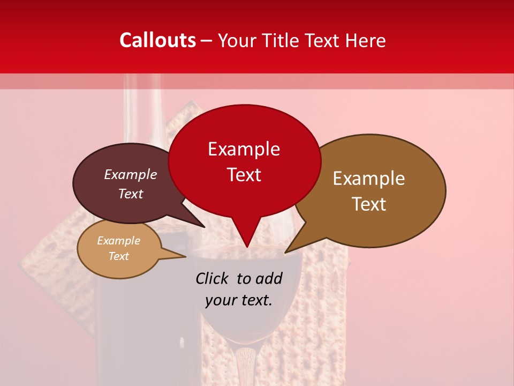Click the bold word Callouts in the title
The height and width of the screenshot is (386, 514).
click(x=157, y=40)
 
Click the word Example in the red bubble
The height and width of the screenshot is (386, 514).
click(x=244, y=149)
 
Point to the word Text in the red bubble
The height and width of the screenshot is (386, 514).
click(x=244, y=175)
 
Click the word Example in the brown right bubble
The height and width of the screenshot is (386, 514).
click(x=369, y=179)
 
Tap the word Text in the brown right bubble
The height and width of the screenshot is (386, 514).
click(x=369, y=204)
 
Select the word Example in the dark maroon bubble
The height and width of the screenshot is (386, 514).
click(x=130, y=175)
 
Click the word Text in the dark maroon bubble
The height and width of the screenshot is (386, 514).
click(x=130, y=194)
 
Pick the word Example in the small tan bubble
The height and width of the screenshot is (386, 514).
click(x=118, y=241)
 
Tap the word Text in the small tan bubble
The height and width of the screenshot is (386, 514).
click(x=118, y=256)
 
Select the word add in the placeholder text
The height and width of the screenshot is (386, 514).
click(x=269, y=278)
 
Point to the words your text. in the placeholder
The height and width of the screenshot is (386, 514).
click(x=239, y=300)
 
